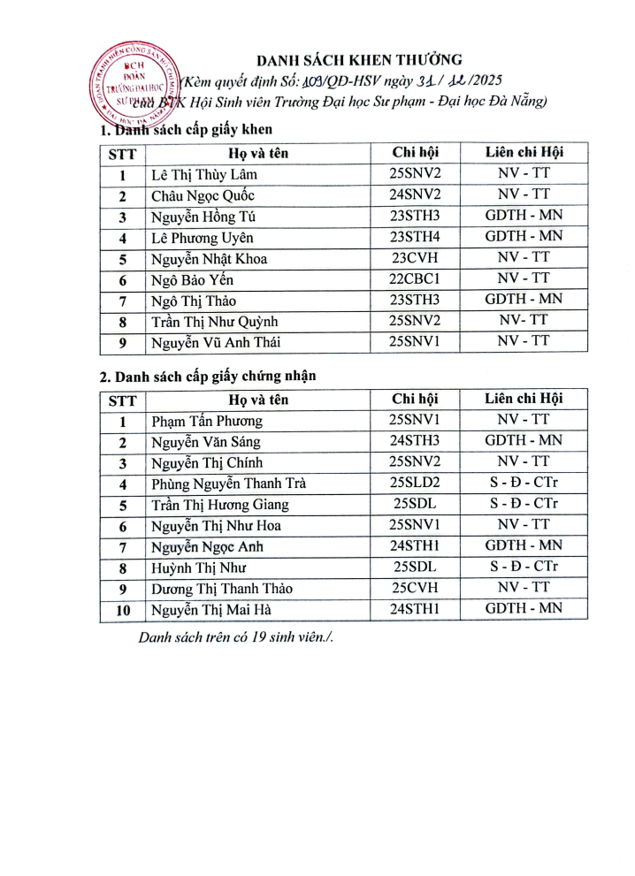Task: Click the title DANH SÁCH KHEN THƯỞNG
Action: tap(359, 60)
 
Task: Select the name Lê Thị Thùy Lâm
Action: tap(204, 174)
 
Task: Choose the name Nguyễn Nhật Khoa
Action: tap(210, 259)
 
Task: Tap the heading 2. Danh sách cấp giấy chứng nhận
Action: tap(208, 377)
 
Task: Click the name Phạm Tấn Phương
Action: tap(207, 421)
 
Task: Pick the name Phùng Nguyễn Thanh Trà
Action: tap(229, 484)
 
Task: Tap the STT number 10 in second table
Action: tap(123, 610)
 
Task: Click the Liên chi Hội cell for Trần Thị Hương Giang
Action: tap(524, 505)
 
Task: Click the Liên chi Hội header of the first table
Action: tap(524, 152)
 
